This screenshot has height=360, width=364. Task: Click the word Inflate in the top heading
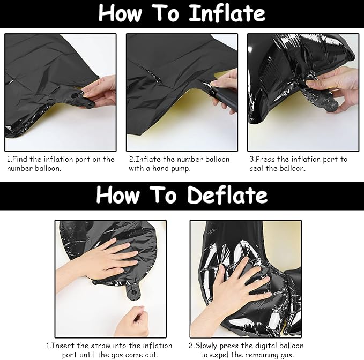pos(227,13)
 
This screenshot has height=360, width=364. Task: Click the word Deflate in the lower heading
pos(228,195)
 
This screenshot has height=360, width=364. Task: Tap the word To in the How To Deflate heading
pos(163,196)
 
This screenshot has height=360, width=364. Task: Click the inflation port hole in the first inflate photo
pos(75,95)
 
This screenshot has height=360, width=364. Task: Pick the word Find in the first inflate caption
pos(20,159)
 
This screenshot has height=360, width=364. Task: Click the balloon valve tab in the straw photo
pos(133,292)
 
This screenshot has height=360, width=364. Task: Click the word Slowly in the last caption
pos(207,346)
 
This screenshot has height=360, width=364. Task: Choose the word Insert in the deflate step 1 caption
pos(63,346)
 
